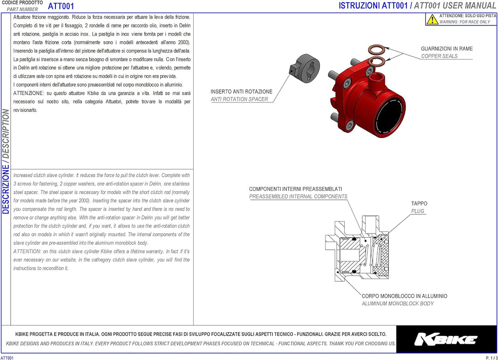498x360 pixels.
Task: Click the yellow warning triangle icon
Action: pyautogui.click(x=432, y=19)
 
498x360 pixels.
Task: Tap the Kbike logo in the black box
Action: pyautogui.click(x=446, y=340)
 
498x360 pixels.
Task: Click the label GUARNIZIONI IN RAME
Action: pyautogui.click(x=446, y=49)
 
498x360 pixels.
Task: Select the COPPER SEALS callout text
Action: pyautogui.click(x=439, y=56)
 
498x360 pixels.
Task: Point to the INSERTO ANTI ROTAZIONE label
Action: pyautogui.click(x=241, y=92)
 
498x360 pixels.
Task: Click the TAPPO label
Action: pyautogui.click(x=419, y=204)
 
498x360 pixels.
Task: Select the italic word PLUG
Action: pyautogui.click(x=418, y=211)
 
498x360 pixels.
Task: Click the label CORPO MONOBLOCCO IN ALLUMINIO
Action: pyautogui.click(x=404, y=296)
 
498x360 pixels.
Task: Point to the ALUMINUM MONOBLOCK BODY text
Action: pyautogui.click(x=397, y=304)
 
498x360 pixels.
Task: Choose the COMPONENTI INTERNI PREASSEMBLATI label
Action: pyautogui.click(x=295, y=189)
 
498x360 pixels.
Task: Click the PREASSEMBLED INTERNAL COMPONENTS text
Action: pyautogui.click(x=298, y=197)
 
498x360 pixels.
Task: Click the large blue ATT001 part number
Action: pyautogui.click(x=61, y=6)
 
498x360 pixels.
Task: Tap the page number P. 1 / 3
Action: pyautogui.click(x=491, y=358)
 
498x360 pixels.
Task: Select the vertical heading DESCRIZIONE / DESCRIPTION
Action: pyautogui.click(x=6, y=162)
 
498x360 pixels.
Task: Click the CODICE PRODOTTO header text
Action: pyautogui.click(x=22, y=3)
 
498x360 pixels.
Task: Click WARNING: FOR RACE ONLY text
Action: pyautogui.click(x=464, y=22)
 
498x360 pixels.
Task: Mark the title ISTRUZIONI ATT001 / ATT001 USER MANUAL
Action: pyautogui.click(x=417, y=6)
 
